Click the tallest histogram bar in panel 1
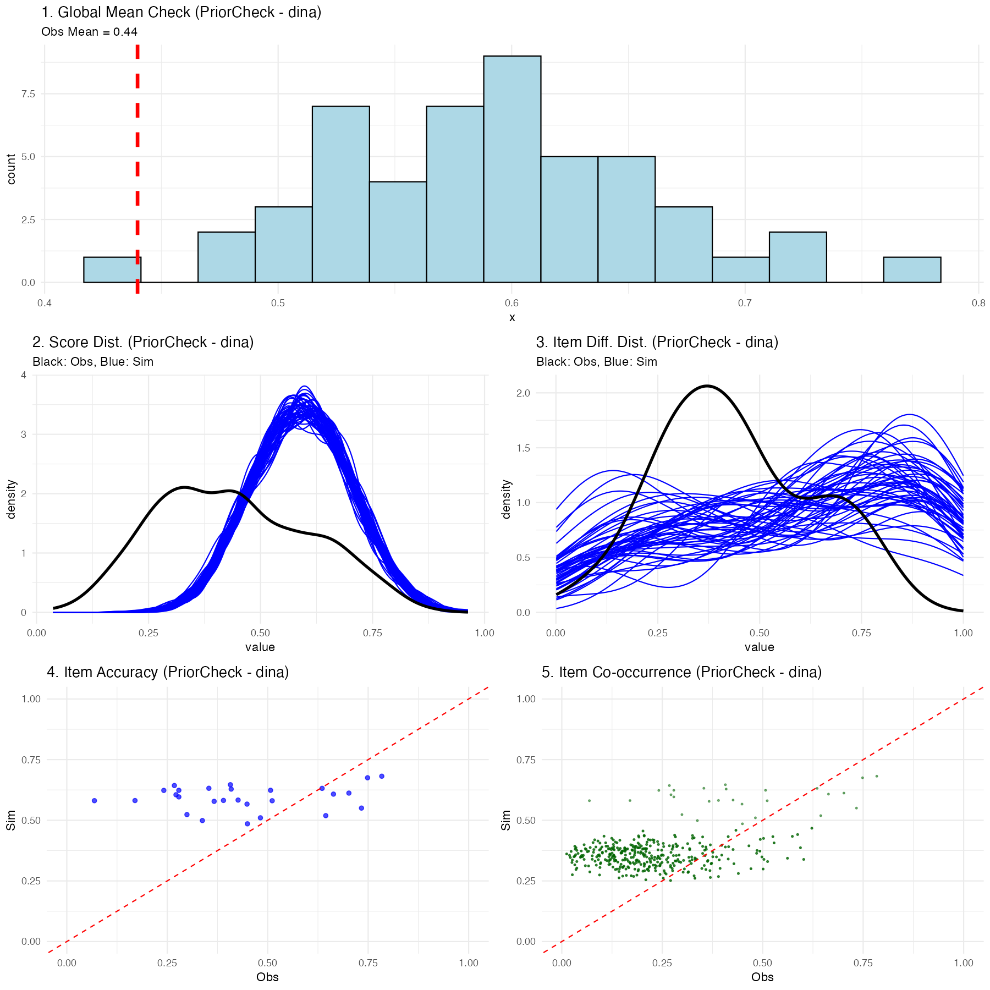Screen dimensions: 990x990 click(x=512, y=169)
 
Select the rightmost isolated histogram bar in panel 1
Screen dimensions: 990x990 click(x=912, y=270)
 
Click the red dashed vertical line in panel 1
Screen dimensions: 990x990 click(x=137, y=165)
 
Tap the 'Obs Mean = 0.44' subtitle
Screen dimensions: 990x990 click(x=90, y=32)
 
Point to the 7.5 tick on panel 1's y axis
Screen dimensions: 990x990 click(x=28, y=94)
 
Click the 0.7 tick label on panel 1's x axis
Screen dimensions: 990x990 click(x=745, y=303)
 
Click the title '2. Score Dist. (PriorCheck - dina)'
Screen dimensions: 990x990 click(x=143, y=342)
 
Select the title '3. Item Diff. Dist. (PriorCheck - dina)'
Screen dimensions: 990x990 click(x=657, y=342)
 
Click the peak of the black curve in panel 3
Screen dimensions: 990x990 click(x=707, y=386)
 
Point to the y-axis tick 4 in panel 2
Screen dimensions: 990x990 click(x=23, y=375)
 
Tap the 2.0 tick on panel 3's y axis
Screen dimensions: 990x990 click(x=523, y=393)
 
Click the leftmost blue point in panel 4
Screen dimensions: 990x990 click(x=95, y=801)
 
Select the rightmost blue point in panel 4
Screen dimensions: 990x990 click(x=382, y=776)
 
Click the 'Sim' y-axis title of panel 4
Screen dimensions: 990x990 click(x=11, y=820)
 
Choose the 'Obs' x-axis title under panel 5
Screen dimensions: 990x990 click(x=762, y=977)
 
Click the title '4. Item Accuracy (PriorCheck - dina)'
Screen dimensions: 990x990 click(x=168, y=672)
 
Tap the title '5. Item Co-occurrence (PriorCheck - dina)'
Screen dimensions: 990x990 click(x=681, y=672)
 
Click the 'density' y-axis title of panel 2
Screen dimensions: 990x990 click(x=11, y=499)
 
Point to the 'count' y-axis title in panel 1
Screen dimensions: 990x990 click(x=11, y=169)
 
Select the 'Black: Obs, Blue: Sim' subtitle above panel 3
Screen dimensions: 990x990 click(x=597, y=362)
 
